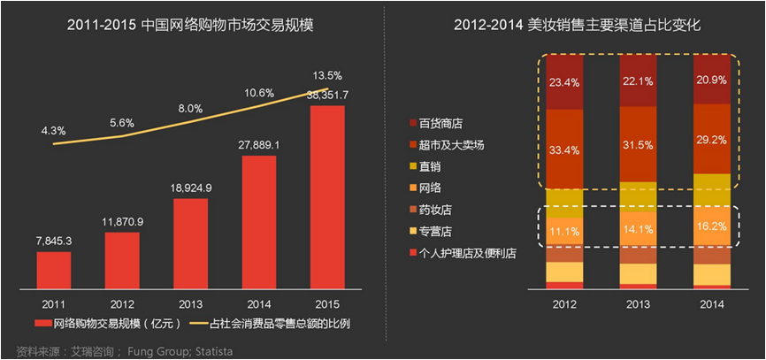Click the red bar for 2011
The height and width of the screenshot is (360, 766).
tap(54, 270)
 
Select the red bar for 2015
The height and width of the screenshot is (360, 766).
tap(327, 197)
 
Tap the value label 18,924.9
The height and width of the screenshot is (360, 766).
tap(190, 188)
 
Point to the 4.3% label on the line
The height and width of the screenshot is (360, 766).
tap(54, 132)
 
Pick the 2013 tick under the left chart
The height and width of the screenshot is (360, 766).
tap(190, 303)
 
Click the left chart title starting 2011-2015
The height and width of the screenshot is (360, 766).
tap(190, 26)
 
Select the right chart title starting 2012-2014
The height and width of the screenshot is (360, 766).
tap(577, 26)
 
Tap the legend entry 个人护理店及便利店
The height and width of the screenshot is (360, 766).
tap(463, 254)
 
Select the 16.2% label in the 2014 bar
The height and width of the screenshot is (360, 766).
tap(712, 226)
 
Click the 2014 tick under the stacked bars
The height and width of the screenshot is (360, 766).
tap(712, 303)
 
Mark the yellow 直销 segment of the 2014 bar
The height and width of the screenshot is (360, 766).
tap(712, 190)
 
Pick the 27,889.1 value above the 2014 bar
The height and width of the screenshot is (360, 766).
tap(259, 145)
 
